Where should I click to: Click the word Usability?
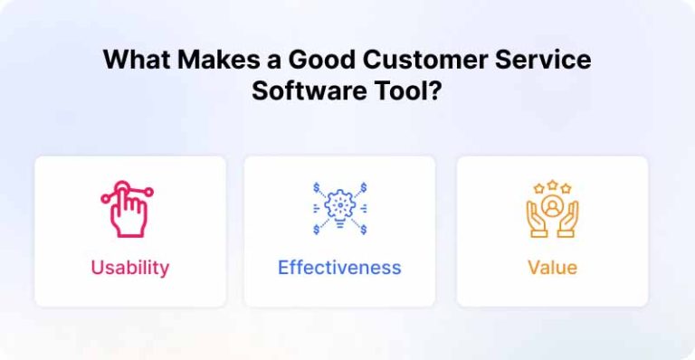[x=129, y=268]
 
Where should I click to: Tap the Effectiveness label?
[x=339, y=268]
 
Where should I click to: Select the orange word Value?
[x=552, y=268]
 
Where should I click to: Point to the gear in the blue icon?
[x=339, y=203]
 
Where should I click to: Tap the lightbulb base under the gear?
[x=339, y=223]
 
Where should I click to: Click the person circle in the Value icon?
[x=552, y=204]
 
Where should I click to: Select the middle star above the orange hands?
[x=552, y=185]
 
